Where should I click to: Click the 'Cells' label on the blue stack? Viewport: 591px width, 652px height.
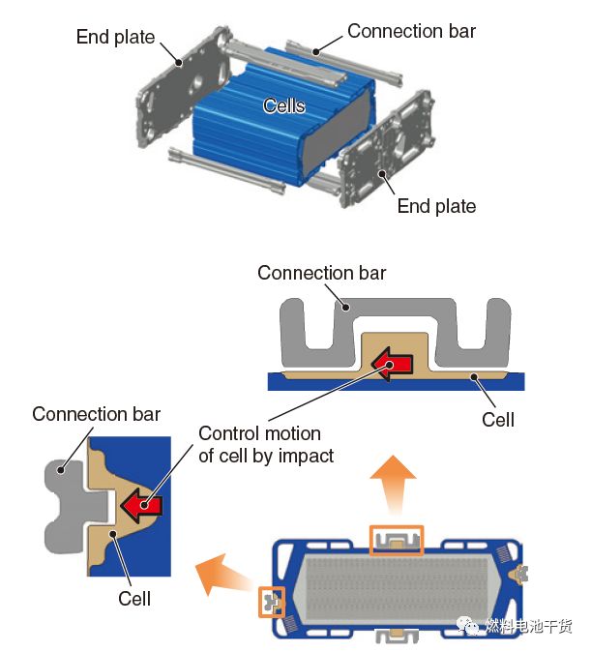tap(283, 105)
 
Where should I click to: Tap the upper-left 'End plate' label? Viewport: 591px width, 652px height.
tap(115, 38)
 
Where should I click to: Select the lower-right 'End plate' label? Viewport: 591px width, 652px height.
tap(436, 206)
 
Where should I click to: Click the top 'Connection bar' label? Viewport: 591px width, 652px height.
tap(411, 31)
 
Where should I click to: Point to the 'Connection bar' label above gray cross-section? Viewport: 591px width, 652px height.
tap(321, 273)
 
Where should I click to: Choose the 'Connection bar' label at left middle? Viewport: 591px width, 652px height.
tap(96, 414)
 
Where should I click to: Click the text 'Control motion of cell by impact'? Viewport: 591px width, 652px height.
tap(265, 444)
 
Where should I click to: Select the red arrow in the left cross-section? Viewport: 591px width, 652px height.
tap(141, 505)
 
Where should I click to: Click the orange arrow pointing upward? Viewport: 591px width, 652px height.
tap(393, 481)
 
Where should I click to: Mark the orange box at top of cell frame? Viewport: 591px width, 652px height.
tap(397, 541)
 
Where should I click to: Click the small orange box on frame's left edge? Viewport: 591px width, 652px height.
tap(271, 602)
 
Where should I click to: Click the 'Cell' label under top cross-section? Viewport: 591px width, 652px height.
tap(498, 419)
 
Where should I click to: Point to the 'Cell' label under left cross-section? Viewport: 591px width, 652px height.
tap(134, 599)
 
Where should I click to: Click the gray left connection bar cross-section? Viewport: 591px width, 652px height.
tap(70, 502)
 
